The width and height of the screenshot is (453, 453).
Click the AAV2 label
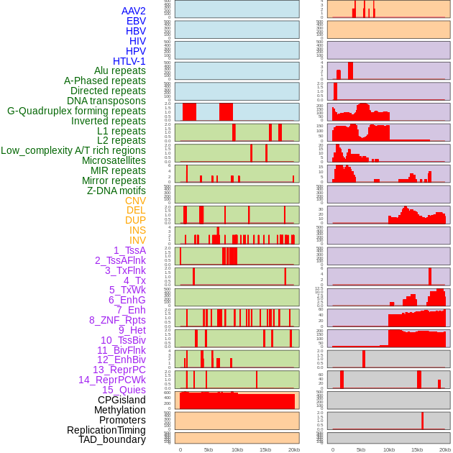pyautogui.click(x=134, y=11)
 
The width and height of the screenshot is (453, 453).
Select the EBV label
pyautogui.click(x=136, y=21)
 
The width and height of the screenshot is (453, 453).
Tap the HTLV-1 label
pyautogui.click(x=129, y=61)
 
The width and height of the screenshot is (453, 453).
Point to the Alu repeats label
pyautogui.click(x=120, y=70)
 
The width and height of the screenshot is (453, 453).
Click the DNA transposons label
pyautogui.click(x=106, y=101)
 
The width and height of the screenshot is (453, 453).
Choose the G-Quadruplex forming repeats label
pyautogui.click(x=76, y=111)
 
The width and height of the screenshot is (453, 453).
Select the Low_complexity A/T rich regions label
pyautogui.click(x=73, y=150)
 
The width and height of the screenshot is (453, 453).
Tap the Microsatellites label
pyautogui.click(x=114, y=160)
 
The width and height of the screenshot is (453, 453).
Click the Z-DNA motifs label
pyautogui.click(x=116, y=191)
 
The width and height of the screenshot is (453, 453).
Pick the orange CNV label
pyautogui.click(x=135, y=201)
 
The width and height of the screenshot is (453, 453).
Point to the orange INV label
pyautogui.click(x=137, y=240)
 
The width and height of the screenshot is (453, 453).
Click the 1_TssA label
pyautogui.click(x=129, y=250)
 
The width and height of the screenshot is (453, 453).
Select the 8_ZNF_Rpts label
pyautogui.click(x=117, y=320)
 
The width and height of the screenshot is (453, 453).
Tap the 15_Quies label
pyautogui.click(x=124, y=390)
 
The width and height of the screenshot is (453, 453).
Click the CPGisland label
pyautogui.click(x=122, y=400)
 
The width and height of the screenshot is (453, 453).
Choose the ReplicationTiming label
pyautogui.click(x=106, y=430)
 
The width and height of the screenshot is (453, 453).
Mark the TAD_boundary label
pyautogui.click(x=112, y=439)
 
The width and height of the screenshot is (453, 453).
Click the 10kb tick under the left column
pyautogui.click(x=237, y=449)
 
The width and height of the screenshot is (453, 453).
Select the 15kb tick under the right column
pyautogui.click(x=417, y=449)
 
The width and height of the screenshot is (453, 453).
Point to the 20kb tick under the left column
pyautogui.click(x=293, y=449)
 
